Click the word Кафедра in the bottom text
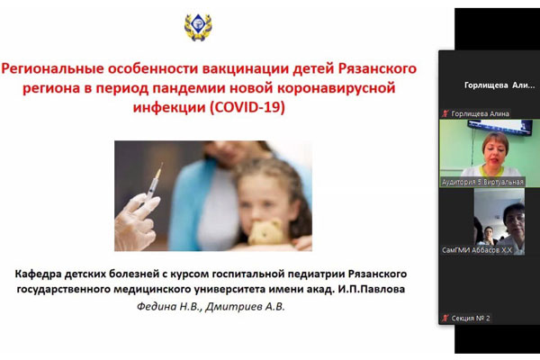(45, 273)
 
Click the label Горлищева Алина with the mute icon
(479, 113)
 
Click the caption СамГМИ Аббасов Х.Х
(478, 249)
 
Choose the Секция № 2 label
(470, 318)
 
